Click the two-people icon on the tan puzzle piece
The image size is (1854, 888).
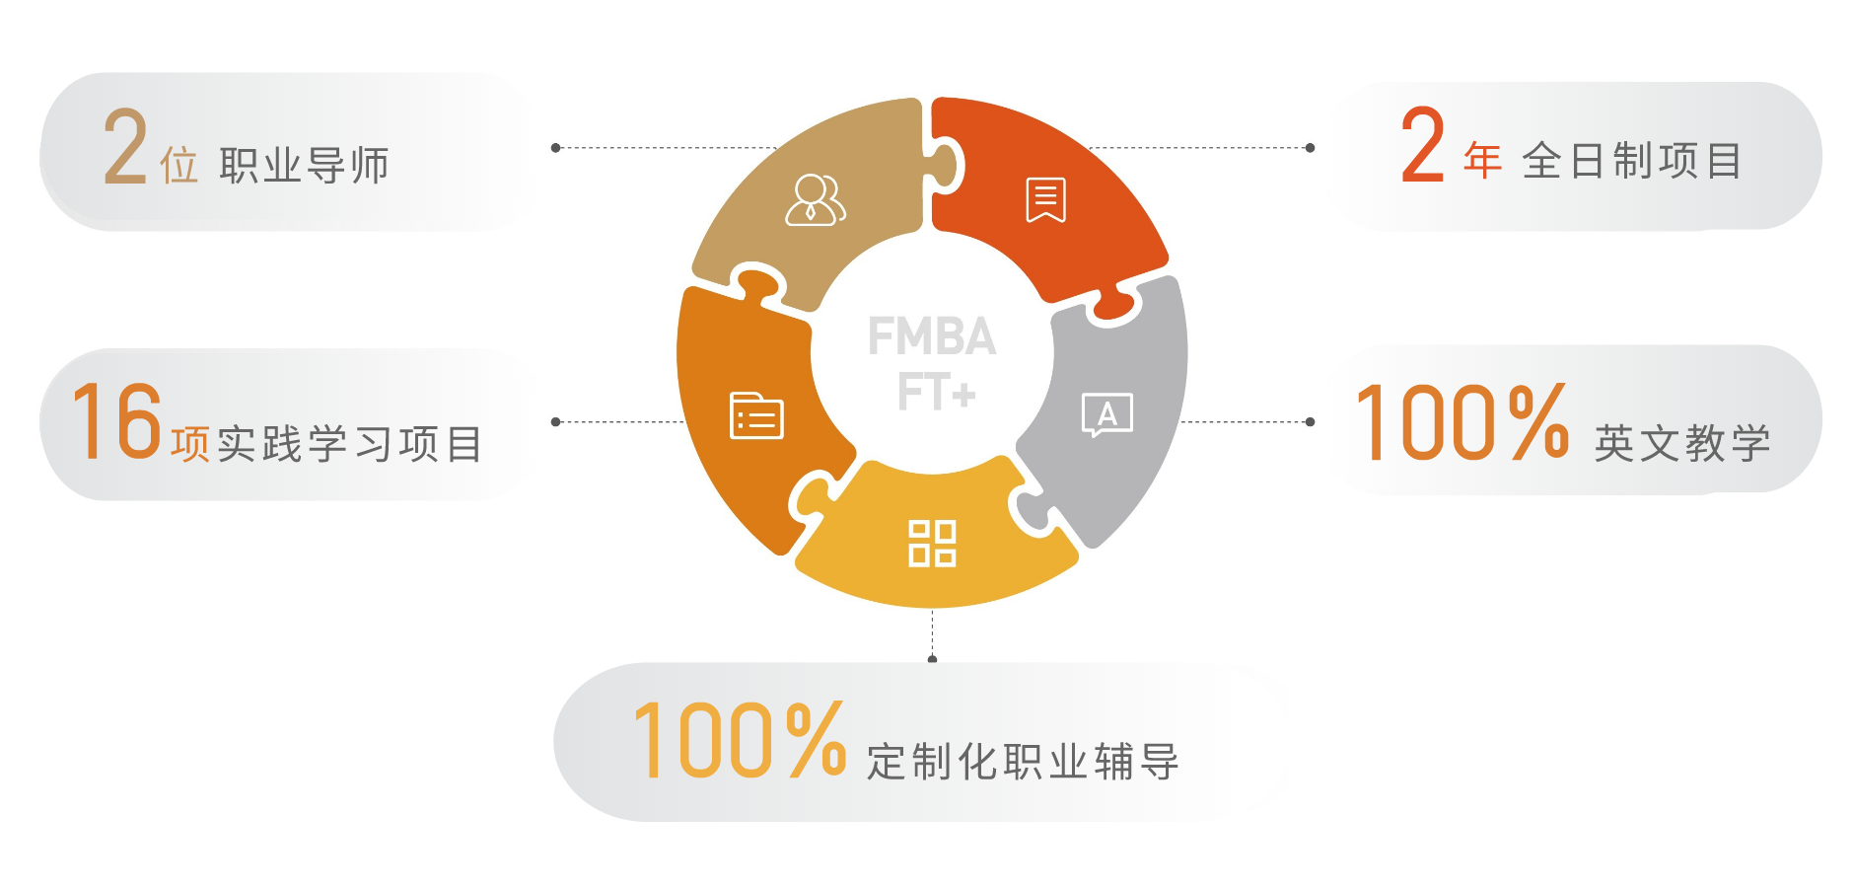tap(816, 199)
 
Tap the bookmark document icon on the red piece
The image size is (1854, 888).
tap(1045, 200)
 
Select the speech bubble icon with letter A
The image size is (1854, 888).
tap(1107, 414)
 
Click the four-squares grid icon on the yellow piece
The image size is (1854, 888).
tap(932, 544)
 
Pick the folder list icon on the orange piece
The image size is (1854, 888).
tap(756, 415)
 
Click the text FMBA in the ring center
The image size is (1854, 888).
tap(932, 336)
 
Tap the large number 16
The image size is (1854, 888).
tap(117, 421)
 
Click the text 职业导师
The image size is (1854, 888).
tap(304, 165)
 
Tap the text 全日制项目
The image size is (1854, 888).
tap(1632, 160)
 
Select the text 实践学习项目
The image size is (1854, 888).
tap(350, 444)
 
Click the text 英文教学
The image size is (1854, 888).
tap(1682, 443)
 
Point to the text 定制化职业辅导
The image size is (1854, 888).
tap(1023, 761)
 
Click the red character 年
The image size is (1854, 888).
tap(1482, 160)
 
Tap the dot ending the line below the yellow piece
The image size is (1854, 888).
tap(932, 659)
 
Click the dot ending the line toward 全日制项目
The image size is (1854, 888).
tap(1310, 148)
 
